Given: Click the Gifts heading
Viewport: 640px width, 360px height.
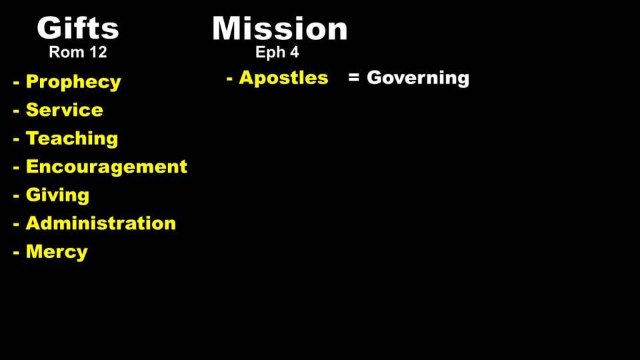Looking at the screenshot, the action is tap(77, 28).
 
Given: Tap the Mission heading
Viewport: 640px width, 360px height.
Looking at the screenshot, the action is tap(279, 29).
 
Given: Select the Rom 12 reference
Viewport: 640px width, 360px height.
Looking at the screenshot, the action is tap(77, 52).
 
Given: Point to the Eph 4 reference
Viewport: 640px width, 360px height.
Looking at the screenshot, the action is tap(277, 53).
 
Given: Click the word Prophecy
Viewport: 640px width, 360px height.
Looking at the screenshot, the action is tap(73, 82).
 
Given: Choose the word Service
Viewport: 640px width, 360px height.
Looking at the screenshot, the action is tap(65, 110).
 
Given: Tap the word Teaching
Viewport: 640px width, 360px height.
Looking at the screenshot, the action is tap(72, 139).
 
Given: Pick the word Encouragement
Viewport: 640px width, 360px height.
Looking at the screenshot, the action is tap(107, 167).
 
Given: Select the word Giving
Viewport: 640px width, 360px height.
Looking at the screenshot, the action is tap(57, 195).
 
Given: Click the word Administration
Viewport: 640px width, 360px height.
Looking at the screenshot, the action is tap(101, 223).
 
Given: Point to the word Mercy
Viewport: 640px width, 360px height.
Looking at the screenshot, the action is tap(57, 252).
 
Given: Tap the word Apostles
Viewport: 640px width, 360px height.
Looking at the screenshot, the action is tap(283, 77).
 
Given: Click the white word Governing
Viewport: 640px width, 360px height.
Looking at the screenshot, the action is tap(418, 78).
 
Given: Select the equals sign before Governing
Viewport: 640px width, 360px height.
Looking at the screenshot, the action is tap(354, 77).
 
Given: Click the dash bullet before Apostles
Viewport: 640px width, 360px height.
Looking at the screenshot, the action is tap(229, 79).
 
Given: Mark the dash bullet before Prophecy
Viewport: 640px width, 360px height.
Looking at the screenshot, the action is tap(16, 83).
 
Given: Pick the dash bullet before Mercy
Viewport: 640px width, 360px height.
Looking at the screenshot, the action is tap(16, 253).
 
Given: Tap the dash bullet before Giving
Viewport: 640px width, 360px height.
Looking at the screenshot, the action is tap(16, 196).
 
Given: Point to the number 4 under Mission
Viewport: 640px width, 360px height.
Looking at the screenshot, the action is tap(294, 53).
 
